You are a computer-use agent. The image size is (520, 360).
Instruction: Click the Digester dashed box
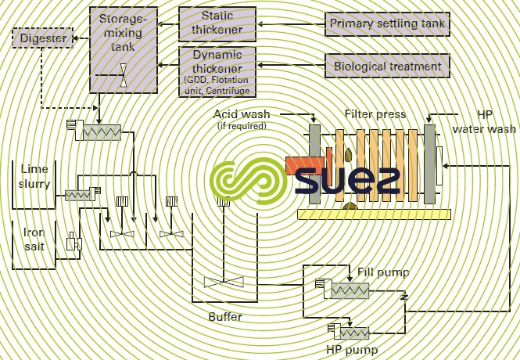coord(40,36)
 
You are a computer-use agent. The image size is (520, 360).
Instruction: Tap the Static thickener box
coord(217,23)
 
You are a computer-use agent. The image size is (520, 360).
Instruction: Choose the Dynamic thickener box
coord(217,69)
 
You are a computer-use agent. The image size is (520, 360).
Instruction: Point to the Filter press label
coord(375,114)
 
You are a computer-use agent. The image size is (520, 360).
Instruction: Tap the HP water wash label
coord(485,121)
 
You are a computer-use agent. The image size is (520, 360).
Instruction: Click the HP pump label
coord(351,349)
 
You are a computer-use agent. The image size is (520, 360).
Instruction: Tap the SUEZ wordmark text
coord(347,180)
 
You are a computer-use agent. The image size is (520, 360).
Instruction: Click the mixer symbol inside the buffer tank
coord(222,282)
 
